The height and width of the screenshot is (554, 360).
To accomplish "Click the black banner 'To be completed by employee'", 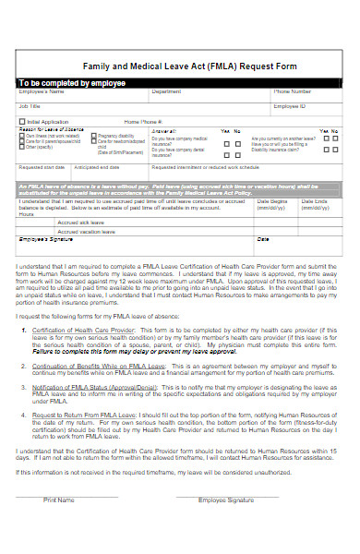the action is click(x=74, y=83).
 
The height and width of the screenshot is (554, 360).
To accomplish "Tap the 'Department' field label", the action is click(x=166, y=92).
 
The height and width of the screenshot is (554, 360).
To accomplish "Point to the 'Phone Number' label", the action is click(x=291, y=92).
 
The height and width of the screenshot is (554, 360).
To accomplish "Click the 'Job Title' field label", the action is click(x=30, y=106).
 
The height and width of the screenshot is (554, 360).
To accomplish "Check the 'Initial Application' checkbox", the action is click(x=23, y=121).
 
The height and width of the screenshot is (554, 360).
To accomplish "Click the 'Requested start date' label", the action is click(x=42, y=167).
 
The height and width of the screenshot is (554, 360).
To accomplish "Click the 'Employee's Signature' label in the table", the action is click(x=45, y=239).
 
